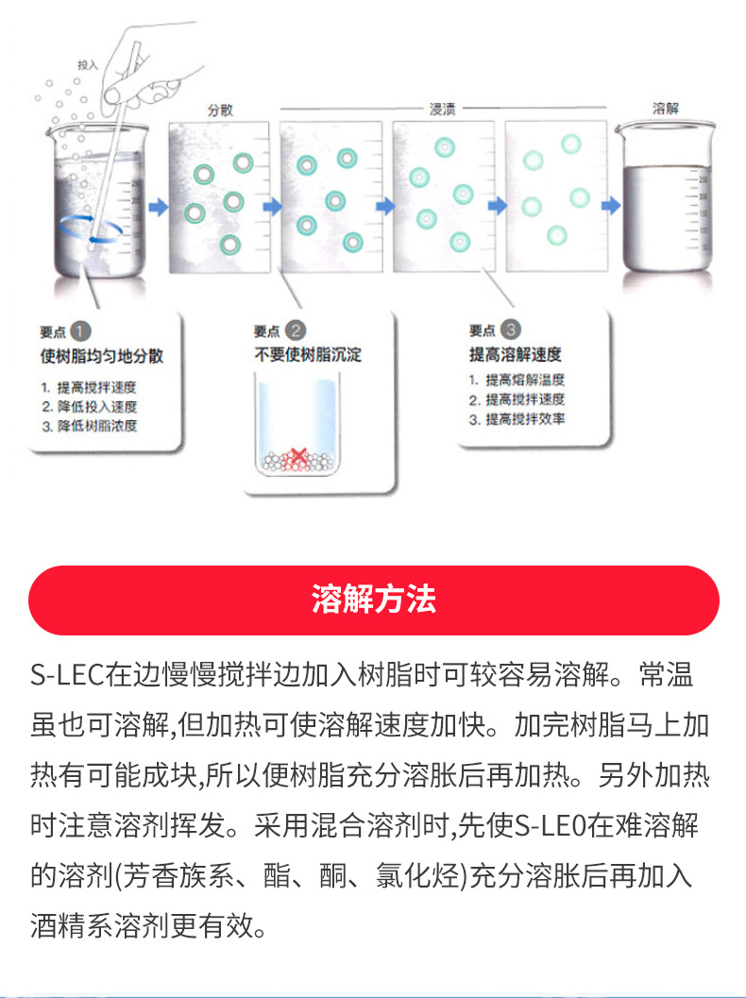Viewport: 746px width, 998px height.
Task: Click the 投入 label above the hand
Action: point(87,65)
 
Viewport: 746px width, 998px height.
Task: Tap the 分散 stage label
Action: point(220,110)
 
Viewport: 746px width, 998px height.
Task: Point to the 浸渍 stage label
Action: point(443,110)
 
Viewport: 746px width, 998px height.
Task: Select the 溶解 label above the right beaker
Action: point(666,109)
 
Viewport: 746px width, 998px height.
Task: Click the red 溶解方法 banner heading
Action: point(373,600)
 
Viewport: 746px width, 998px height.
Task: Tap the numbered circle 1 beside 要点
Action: point(81,331)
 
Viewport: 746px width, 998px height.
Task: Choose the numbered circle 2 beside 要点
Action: point(296,330)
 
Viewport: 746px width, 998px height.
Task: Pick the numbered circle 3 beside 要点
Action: point(511,330)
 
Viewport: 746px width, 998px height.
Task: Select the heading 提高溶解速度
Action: point(515,355)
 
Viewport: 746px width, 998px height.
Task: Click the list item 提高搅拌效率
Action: point(524,418)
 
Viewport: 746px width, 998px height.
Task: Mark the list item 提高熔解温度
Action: point(524,380)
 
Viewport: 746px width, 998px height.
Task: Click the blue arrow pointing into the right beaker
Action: point(611,203)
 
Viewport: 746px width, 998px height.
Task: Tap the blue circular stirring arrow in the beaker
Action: point(87,228)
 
